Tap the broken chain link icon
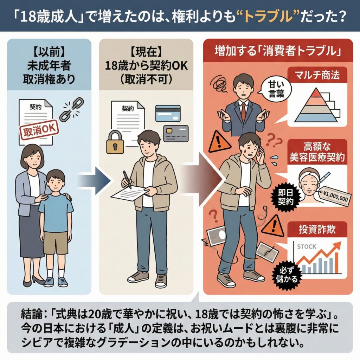(71, 109)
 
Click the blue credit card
(168, 113)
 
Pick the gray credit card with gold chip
(176, 133)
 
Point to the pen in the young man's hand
(127, 180)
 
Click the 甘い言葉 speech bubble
(276, 89)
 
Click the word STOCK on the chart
(307, 246)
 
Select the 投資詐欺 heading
(317, 229)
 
